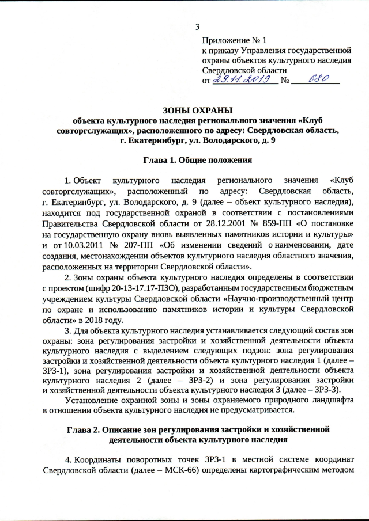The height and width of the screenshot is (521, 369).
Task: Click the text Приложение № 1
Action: [235, 40]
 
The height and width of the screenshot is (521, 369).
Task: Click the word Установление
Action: [95, 402]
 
